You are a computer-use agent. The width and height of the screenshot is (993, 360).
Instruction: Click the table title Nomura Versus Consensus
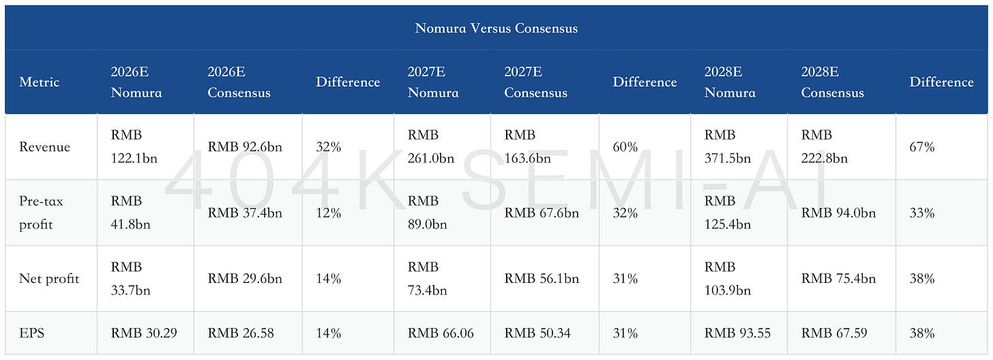click(496, 29)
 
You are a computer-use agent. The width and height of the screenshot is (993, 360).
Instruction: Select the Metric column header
click(39, 82)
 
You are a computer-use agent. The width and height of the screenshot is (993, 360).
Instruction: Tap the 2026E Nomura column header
click(136, 82)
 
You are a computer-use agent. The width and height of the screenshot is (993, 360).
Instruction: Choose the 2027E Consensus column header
click(535, 82)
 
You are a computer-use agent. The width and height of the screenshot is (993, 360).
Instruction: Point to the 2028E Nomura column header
click(730, 82)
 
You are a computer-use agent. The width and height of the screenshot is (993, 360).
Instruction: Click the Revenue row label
click(44, 147)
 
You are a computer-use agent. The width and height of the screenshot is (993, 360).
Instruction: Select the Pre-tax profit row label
click(41, 213)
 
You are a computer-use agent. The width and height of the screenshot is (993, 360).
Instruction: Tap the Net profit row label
click(49, 278)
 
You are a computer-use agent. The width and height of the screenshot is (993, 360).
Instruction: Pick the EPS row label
click(31, 333)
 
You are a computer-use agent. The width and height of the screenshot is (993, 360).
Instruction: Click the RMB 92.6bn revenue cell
click(245, 147)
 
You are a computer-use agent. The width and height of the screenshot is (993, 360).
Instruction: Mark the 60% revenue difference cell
click(625, 147)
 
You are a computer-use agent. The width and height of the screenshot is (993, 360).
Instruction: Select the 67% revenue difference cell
click(921, 147)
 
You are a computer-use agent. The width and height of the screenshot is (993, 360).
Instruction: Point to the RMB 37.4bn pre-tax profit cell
click(245, 213)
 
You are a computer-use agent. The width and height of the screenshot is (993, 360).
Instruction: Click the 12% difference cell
click(329, 213)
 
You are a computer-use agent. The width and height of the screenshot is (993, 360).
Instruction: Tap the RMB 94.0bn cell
click(838, 213)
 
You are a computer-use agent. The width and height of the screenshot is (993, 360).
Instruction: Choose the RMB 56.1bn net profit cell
click(542, 278)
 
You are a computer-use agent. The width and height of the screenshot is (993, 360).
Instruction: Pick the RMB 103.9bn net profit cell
click(728, 278)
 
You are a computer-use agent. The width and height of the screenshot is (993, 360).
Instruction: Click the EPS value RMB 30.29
click(144, 333)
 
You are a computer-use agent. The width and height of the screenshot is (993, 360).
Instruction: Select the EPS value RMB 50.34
click(537, 333)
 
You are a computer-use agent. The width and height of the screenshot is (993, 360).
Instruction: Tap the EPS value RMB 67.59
click(834, 333)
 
